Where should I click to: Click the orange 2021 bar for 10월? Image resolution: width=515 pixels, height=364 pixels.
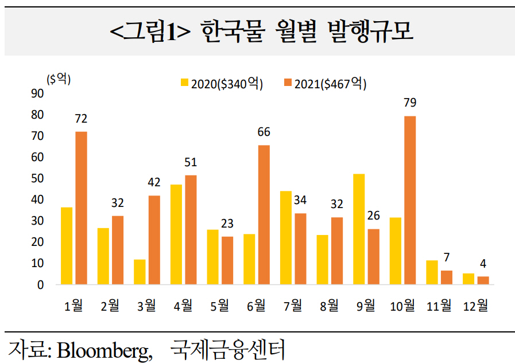tap(410, 200)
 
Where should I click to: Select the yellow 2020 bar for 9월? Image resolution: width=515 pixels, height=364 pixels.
tap(359, 229)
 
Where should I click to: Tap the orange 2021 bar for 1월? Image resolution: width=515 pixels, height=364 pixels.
tap(81, 208)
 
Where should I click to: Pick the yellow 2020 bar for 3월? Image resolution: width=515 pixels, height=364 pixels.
tap(140, 272)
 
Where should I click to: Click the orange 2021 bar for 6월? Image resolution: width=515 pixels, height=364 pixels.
tap(264, 214)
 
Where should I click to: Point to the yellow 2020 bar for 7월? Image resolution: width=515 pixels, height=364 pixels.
tap(285, 237)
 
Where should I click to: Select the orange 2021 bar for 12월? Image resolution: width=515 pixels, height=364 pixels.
tap(483, 280)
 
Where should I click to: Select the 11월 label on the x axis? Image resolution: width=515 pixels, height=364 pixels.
tap(439, 306)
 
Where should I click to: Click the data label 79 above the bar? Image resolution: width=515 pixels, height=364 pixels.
tap(410, 103)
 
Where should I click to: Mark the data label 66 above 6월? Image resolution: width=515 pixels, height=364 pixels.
tap(264, 132)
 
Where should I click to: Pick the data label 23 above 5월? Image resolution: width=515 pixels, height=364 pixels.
tap(227, 224)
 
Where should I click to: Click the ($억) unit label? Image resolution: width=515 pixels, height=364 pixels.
tap(59, 80)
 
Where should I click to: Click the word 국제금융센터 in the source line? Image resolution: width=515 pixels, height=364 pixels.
tap(229, 349)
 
